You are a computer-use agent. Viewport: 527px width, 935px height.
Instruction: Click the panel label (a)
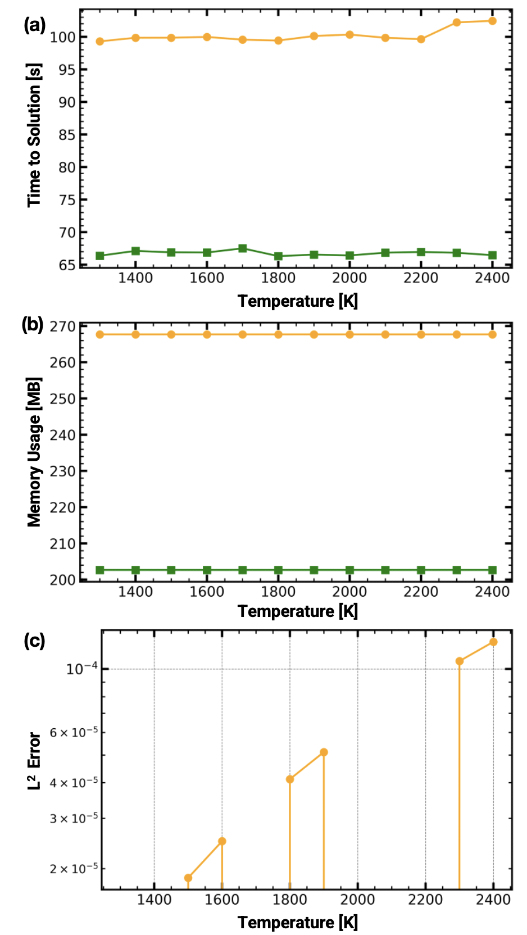click(x=34, y=25)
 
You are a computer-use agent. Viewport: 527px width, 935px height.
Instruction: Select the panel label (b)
click(x=33, y=324)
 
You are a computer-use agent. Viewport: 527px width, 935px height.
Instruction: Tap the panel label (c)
click(x=34, y=641)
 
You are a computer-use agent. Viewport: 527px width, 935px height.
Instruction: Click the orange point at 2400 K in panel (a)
click(x=492, y=21)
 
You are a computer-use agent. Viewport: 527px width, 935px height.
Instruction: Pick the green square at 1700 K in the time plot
click(x=243, y=248)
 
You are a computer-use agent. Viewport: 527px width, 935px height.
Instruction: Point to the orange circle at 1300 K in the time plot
click(x=100, y=42)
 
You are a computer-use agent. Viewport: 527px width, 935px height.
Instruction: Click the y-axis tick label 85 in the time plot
click(x=67, y=135)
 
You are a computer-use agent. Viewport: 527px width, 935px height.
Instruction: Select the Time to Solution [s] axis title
click(x=34, y=135)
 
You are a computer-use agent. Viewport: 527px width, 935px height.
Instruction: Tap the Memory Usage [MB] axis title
click(x=34, y=452)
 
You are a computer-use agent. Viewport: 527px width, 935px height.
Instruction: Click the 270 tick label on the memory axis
click(x=62, y=326)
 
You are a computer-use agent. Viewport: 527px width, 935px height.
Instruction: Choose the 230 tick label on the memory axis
click(x=62, y=471)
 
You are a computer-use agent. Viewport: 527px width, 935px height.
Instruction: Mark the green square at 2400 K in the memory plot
click(x=492, y=570)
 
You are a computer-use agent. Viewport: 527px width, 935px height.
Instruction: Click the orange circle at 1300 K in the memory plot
click(x=100, y=335)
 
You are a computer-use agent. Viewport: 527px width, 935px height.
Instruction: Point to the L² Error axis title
click(x=34, y=761)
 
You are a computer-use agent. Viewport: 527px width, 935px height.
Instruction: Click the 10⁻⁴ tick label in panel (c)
click(x=81, y=669)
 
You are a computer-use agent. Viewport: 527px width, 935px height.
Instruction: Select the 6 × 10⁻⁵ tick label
click(x=74, y=732)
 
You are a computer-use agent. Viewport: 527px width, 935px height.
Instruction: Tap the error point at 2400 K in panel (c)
click(x=493, y=642)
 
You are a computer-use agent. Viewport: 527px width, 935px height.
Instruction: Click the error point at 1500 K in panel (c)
click(x=188, y=878)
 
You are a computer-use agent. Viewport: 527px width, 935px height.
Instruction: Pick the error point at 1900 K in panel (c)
click(x=324, y=752)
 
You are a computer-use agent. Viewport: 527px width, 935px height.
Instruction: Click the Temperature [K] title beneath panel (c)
click(x=298, y=922)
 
